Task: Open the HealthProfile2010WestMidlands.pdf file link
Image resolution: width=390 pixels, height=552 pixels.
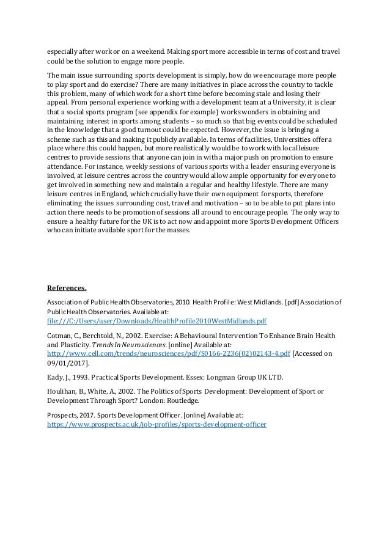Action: (x=157, y=320)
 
